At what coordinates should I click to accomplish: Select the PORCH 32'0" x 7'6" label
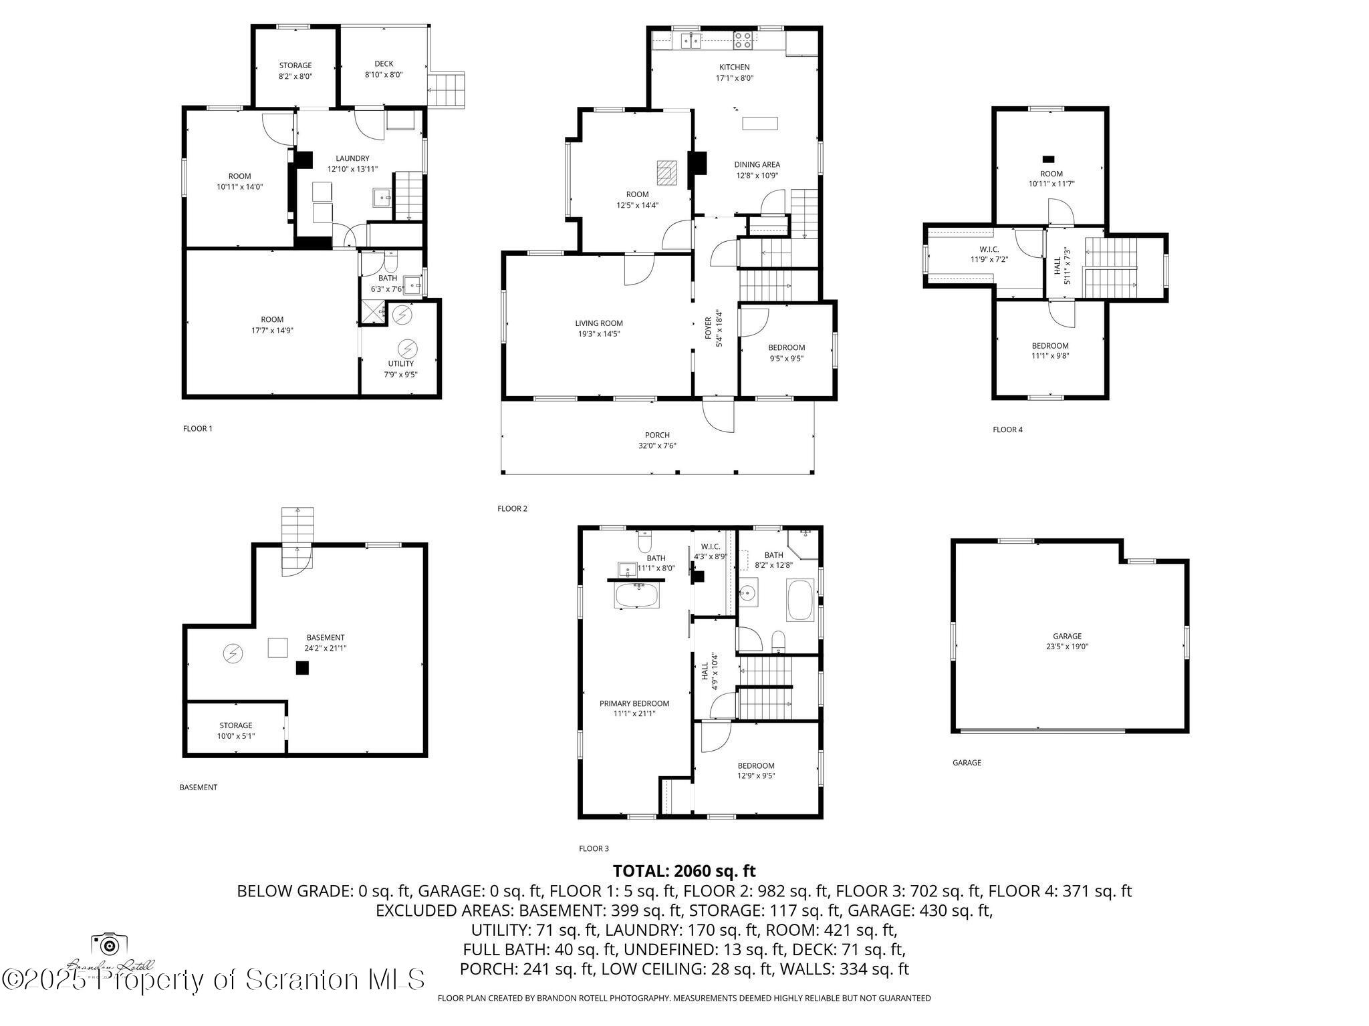(657, 440)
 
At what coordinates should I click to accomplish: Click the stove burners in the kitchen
(743, 41)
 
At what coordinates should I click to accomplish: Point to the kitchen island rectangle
(760, 124)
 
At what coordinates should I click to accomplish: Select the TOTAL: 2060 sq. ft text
(684, 871)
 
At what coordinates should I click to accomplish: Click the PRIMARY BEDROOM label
(634, 708)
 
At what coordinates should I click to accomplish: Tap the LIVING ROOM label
(599, 328)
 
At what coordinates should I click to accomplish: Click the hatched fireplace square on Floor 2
(666, 172)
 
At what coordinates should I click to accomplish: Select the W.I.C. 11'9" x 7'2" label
(989, 254)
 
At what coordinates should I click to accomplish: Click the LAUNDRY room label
(352, 164)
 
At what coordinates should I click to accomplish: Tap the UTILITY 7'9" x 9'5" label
(400, 369)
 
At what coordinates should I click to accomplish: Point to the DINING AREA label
(757, 170)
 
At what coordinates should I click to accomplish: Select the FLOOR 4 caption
(1007, 430)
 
